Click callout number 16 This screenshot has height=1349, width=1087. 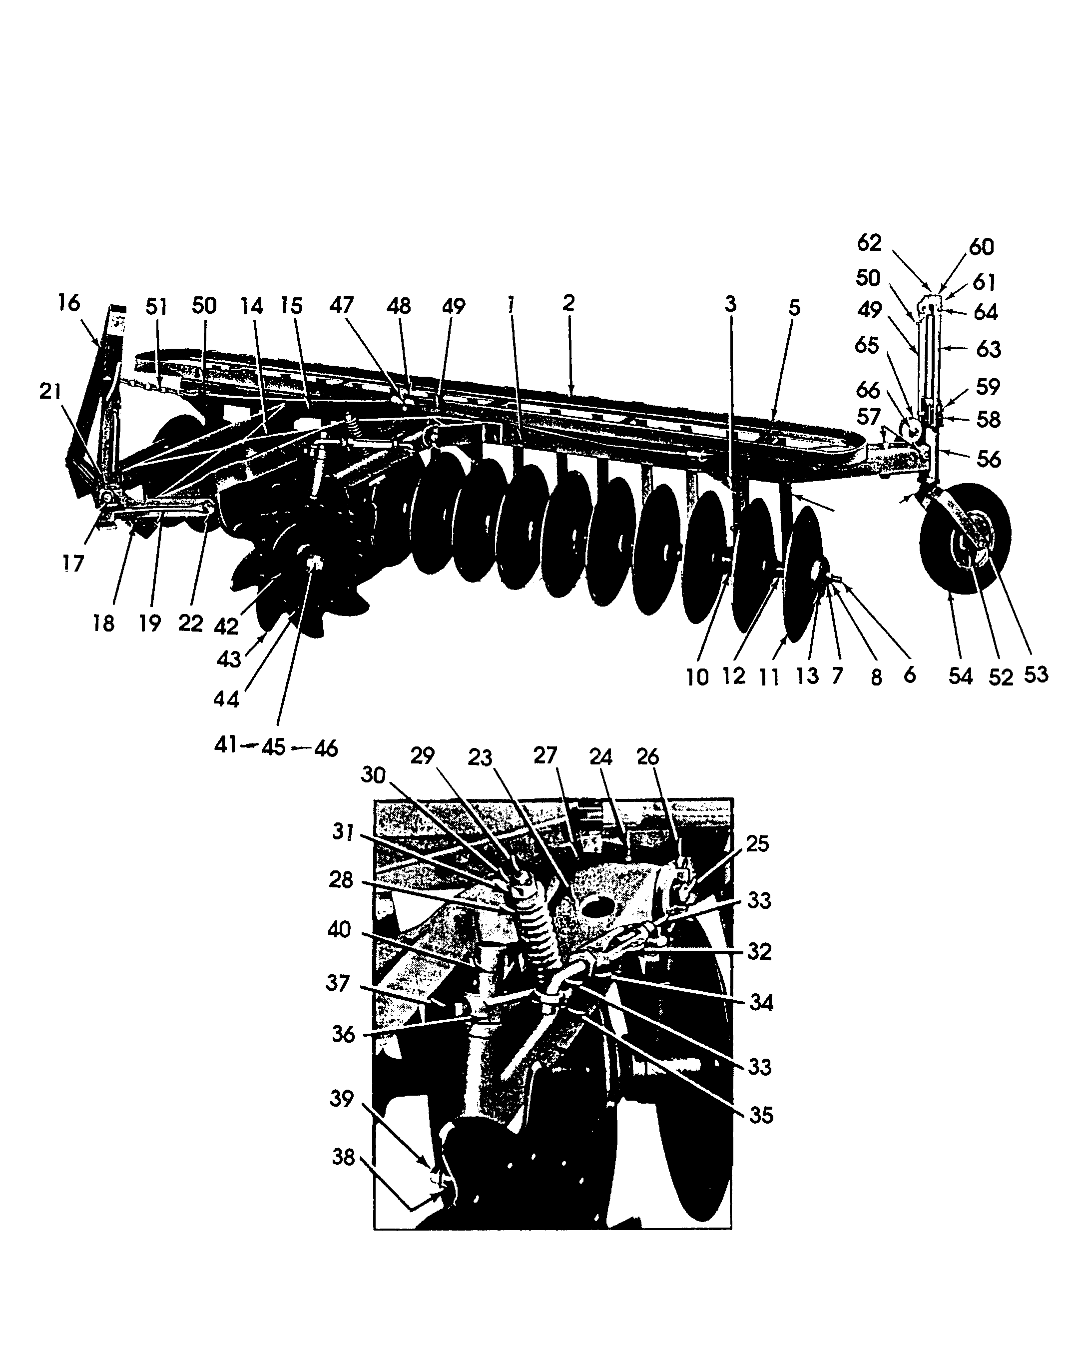(69, 303)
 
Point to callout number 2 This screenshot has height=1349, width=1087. (568, 303)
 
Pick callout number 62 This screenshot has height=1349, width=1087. (869, 242)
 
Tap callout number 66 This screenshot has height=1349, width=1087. (868, 390)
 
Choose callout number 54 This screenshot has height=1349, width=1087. (960, 676)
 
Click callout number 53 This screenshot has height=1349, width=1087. (1035, 674)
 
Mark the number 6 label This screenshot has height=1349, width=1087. (909, 674)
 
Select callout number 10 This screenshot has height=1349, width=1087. (697, 677)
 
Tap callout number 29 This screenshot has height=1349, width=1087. (422, 756)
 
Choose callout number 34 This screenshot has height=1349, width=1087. (761, 1003)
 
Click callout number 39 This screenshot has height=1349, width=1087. (342, 1099)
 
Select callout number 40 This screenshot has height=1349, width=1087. (339, 930)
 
